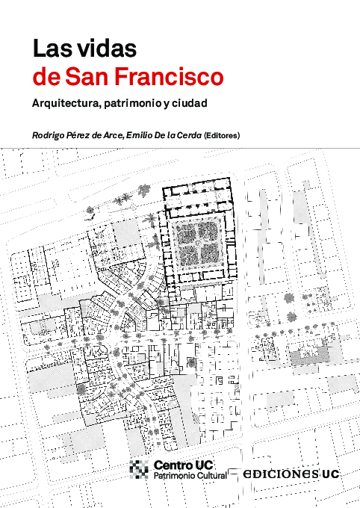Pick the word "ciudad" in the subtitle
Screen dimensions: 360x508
point(190,103)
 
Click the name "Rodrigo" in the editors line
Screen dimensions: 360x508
point(49,135)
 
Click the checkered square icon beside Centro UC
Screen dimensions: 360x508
point(140,468)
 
